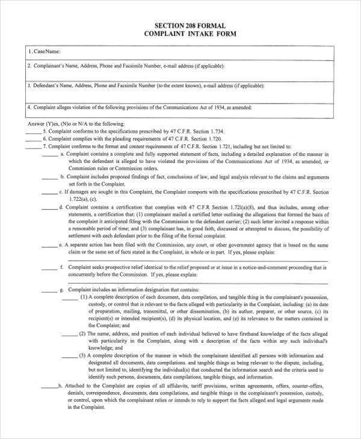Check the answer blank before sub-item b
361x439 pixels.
[50, 179]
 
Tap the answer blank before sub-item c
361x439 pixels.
[50, 193]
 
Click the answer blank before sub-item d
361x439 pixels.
[50, 208]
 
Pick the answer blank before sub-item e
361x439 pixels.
[50, 247]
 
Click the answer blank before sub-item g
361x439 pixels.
[50, 290]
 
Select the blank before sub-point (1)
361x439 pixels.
[70, 298]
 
